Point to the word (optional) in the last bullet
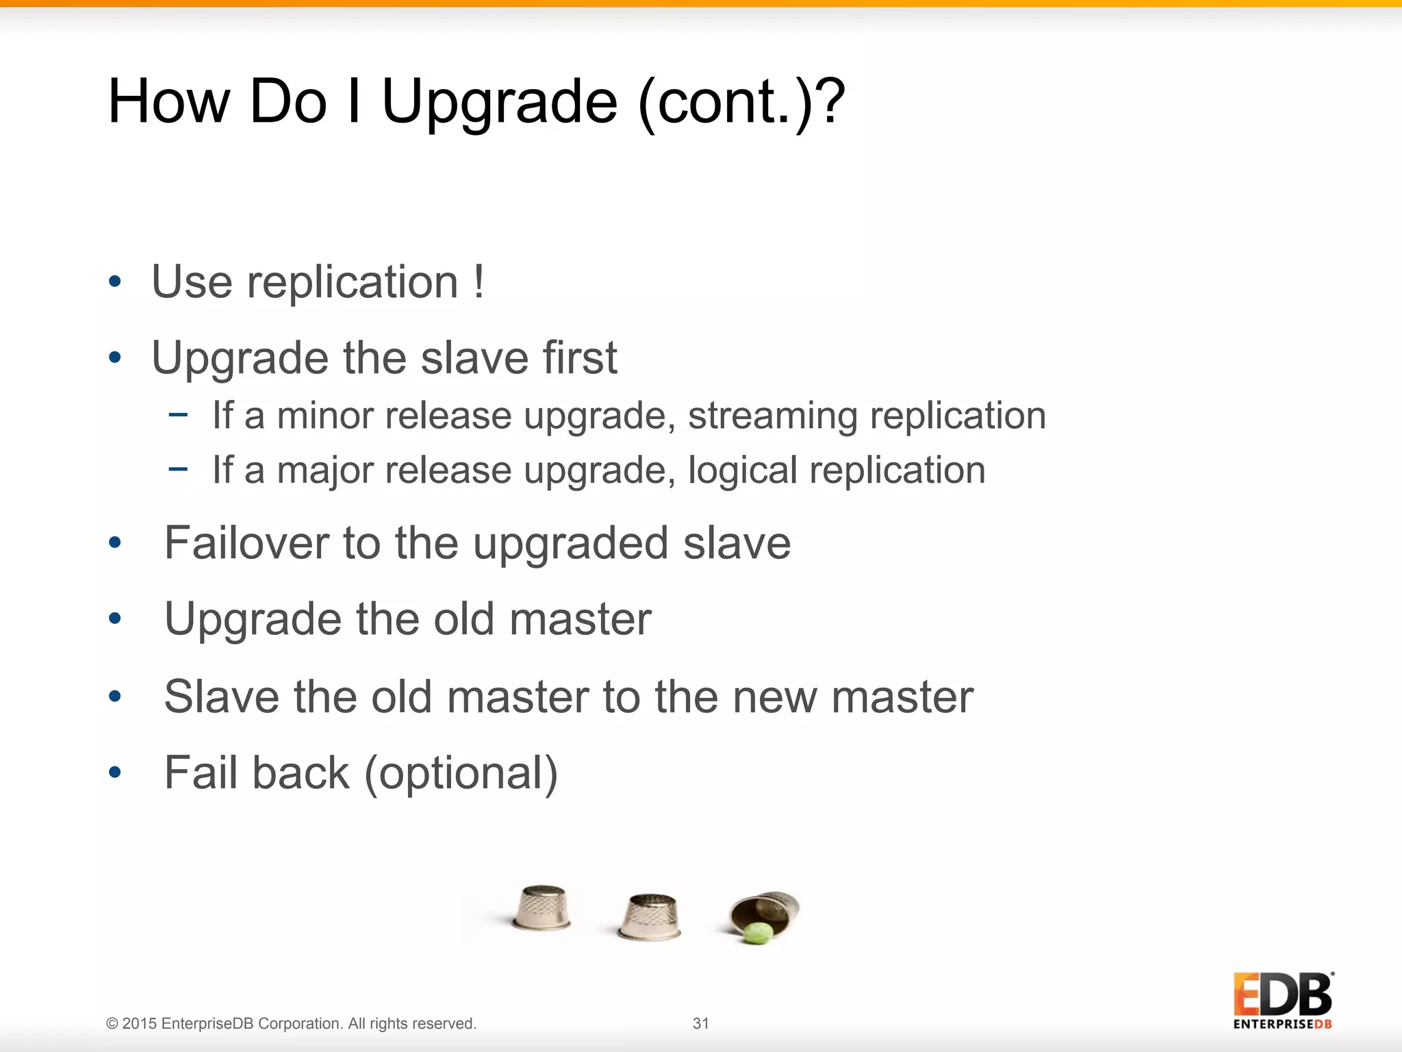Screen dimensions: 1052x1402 [461, 773]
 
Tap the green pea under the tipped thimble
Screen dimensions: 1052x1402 [757, 933]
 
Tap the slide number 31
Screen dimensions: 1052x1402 [701, 1023]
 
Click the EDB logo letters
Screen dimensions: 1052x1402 [1282, 994]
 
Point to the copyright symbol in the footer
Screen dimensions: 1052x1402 [112, 1024]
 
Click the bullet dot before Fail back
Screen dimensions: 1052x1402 [115, 773]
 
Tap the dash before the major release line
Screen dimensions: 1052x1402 [178, 469]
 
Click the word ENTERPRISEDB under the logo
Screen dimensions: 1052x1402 [1282, 1025]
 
